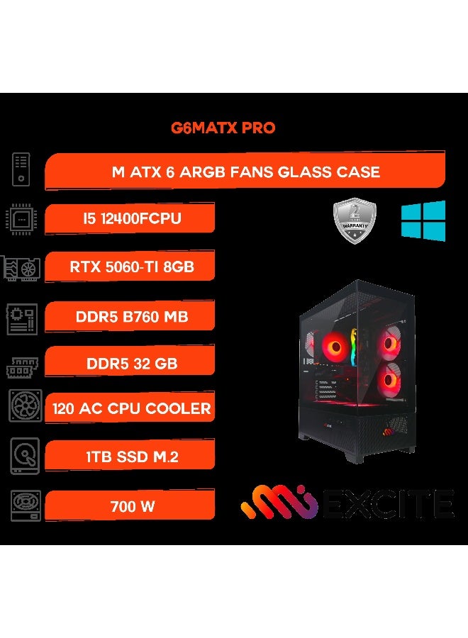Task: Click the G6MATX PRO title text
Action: (x=223, y=129)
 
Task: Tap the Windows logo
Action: (x=423, y=220)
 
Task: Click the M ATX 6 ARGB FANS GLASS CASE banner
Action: (x=245, y=172)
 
